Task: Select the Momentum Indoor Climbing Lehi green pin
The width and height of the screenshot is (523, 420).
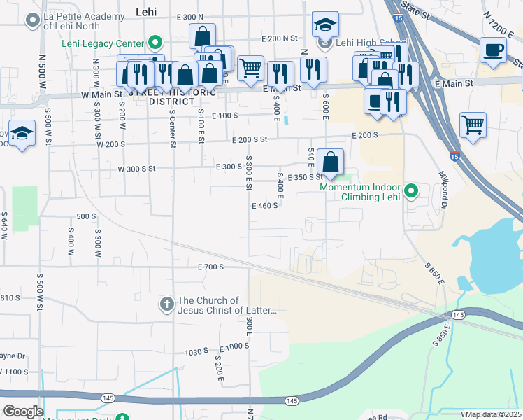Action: point(412,190)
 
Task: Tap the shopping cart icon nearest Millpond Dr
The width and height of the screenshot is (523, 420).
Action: point(473,125)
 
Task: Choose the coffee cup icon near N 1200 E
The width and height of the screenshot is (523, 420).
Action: point(494,50)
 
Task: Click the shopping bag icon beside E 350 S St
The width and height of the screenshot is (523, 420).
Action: point(330,162)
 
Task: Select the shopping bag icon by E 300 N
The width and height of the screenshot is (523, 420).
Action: point(202,36)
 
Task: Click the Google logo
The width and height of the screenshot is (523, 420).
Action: point(24,411)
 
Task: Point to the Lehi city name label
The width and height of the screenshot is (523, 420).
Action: point(144,12)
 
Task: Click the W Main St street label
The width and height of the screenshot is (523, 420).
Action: point(102,94)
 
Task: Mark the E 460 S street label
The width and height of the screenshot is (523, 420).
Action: point(265,206)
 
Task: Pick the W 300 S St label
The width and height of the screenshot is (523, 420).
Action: point(136,169)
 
